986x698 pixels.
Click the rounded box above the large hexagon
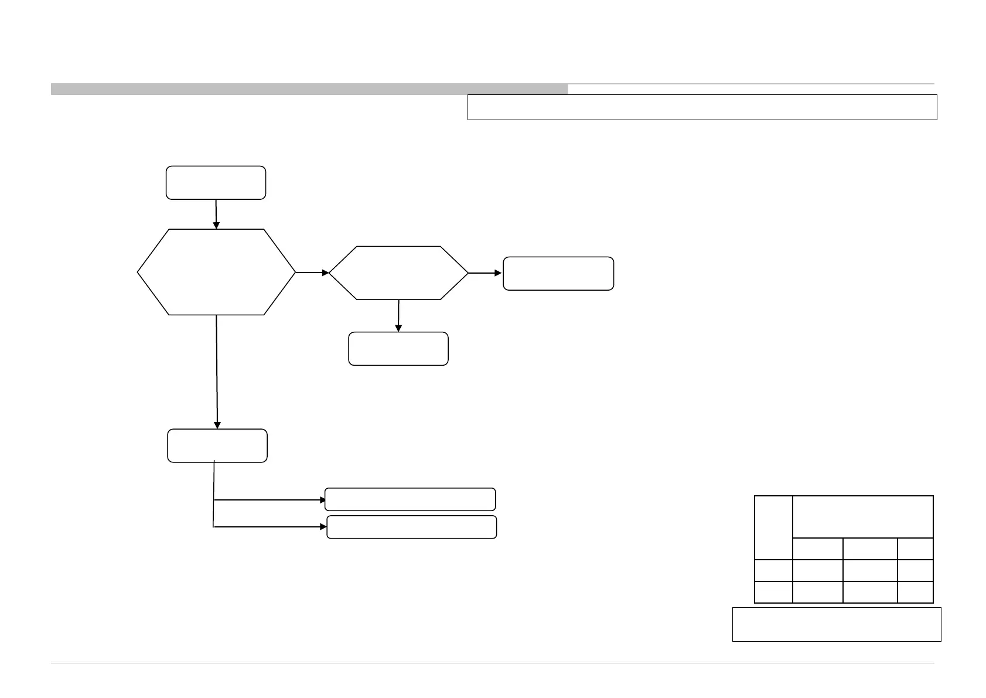tap(216, 183)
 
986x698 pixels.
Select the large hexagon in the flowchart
tap(216, 272)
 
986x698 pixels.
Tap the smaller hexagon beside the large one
tap(398, 273)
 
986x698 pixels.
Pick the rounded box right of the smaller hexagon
tap(558, 273)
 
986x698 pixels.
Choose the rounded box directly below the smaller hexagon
tap(398, 349)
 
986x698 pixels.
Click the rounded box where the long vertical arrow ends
tap(217, 445)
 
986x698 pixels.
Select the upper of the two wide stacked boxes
tap(410, 499)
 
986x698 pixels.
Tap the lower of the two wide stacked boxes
tap(411, 527)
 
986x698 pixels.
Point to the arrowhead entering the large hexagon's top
tap(216, 225)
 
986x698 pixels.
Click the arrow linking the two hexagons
tap(312, 273)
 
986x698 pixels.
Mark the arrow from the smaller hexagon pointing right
tap(485, 273)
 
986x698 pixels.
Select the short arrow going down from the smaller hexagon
tap(398, 316)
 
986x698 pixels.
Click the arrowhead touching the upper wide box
tap(322, 500)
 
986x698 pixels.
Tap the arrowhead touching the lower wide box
tap(323, 527)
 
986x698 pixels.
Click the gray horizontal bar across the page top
tap(309, 89)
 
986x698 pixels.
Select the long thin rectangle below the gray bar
tap(702, 107)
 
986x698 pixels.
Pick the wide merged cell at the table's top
tap(862, 516)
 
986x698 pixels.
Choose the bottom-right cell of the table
tap(915, 592)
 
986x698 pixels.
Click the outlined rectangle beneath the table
tap(837, 624)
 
